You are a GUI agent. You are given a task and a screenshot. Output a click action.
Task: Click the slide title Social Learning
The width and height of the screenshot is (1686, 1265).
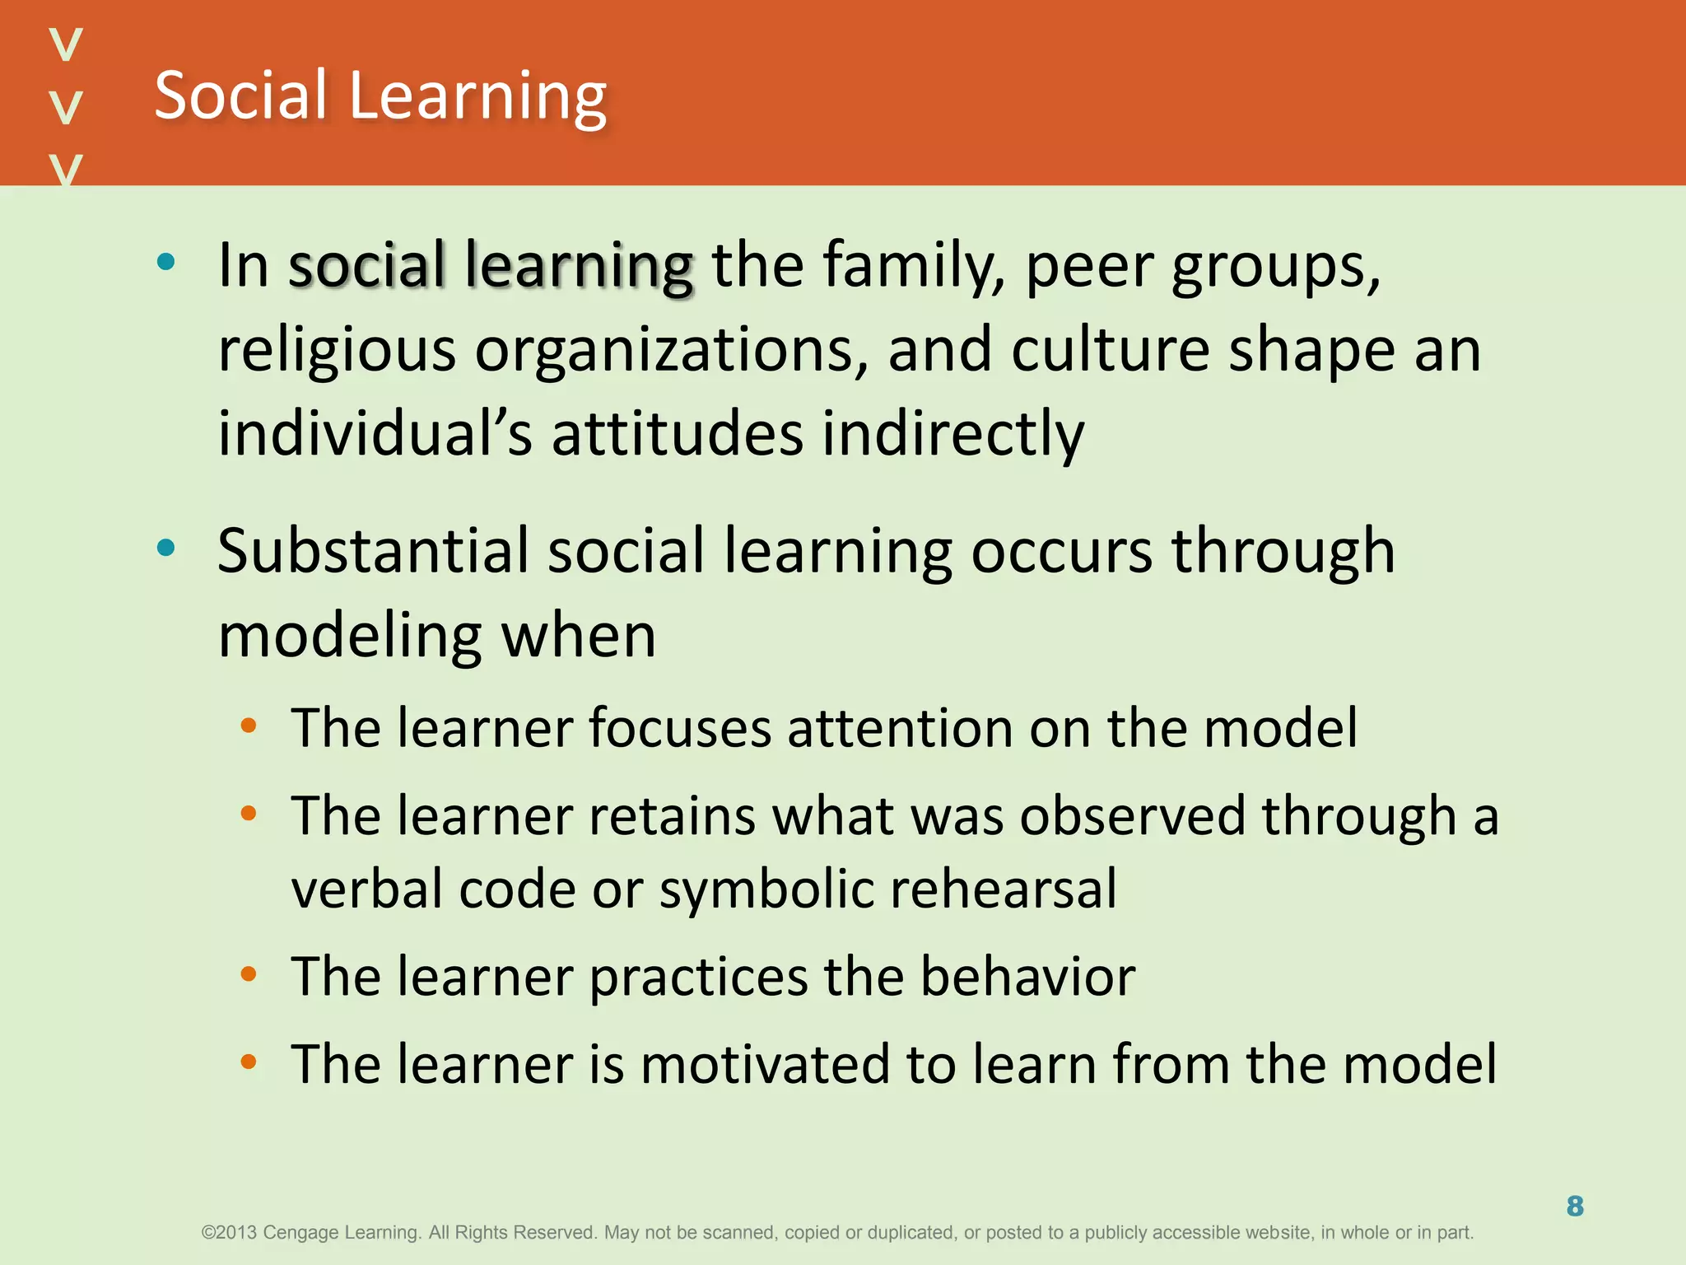tap(380, 96)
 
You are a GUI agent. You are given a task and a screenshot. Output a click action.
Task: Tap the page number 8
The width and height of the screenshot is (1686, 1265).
tap(1575, 1207)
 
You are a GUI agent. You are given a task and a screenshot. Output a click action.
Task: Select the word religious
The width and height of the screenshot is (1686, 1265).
tap(336, 351)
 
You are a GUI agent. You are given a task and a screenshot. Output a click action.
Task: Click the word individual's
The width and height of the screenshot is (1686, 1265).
tap(375, 433)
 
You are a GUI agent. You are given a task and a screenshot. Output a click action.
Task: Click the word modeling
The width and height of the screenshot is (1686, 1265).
tap(349, 636)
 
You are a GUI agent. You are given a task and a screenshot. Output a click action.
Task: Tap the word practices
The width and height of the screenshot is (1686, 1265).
tap(698, 977)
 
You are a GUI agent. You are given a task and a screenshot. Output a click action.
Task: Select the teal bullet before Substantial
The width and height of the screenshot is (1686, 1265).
tap(166, 548)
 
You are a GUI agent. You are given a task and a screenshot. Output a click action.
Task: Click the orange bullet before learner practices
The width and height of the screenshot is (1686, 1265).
tap(248, 974)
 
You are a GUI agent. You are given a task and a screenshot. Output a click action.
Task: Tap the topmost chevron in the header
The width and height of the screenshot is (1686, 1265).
tap(66, 44)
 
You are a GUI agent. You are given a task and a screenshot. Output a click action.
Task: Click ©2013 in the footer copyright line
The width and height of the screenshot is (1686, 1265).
tap(229, 1233)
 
